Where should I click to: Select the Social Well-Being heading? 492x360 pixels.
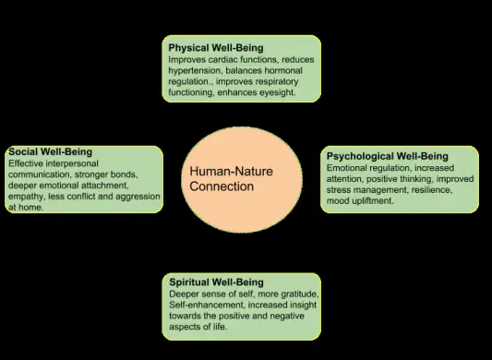pyautogui.click(x=50, y=152)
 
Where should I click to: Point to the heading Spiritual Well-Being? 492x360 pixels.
pyautogui.click(x=216, y=282)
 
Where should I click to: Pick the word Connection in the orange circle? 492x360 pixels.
pyautogui.click(x=222, y=186)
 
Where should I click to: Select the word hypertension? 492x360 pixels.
pyautogui.click(x=197, y=69)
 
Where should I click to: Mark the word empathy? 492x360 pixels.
pyautogui.click(x=27, y=197)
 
